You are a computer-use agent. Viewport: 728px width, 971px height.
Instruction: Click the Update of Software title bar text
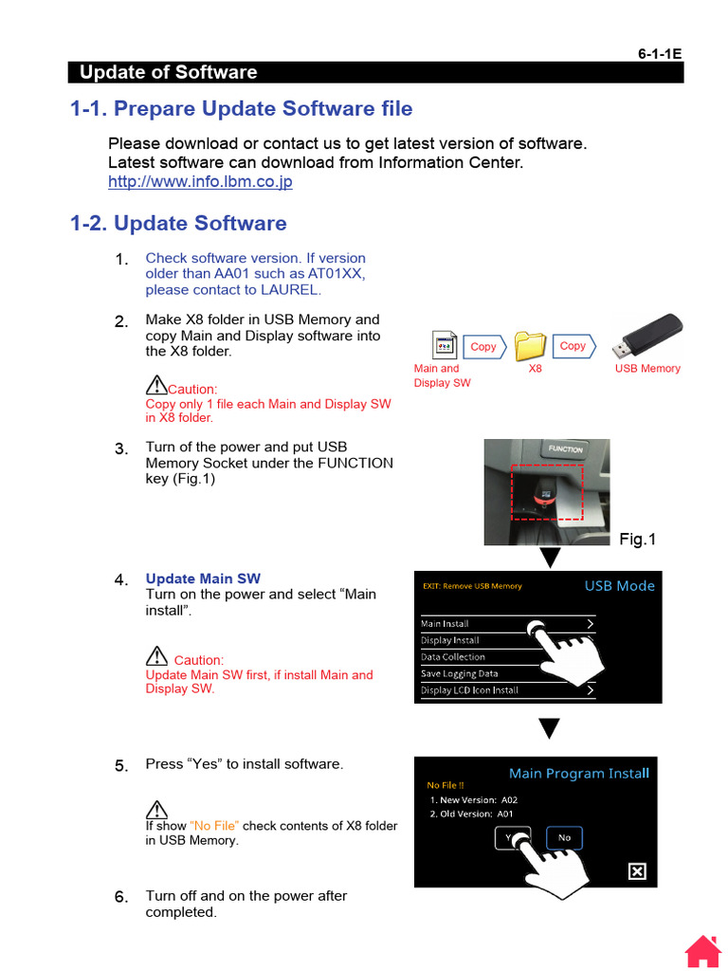point(168,72)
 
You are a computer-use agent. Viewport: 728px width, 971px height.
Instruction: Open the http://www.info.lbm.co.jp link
point(200,181)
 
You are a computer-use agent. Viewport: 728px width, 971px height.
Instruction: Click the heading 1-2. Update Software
point(178,223)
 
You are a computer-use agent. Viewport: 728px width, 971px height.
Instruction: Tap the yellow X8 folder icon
point(531,346)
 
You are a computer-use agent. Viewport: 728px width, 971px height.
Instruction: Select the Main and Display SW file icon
point(444,346)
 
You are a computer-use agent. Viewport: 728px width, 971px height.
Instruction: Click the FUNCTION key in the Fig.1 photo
point(566,449)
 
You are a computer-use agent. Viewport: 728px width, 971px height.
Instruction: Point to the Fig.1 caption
point(637,540)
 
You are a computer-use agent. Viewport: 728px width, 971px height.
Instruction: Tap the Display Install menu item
point(450,640)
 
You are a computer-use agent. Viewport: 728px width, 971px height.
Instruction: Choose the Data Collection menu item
point(453,656)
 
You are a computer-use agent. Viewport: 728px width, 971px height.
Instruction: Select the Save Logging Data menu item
point(460,673)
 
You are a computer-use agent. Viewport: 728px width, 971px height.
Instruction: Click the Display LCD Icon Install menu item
point(469,690)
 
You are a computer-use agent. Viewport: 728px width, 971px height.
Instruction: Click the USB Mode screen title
point(619,586)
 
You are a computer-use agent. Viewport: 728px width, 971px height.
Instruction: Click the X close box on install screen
point(637,871)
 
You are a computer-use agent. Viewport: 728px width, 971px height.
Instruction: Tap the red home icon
point(703,951)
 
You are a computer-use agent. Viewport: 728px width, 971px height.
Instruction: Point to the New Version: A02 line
point(473,799)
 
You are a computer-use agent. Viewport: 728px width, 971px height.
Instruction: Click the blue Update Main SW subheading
point(203,578)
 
